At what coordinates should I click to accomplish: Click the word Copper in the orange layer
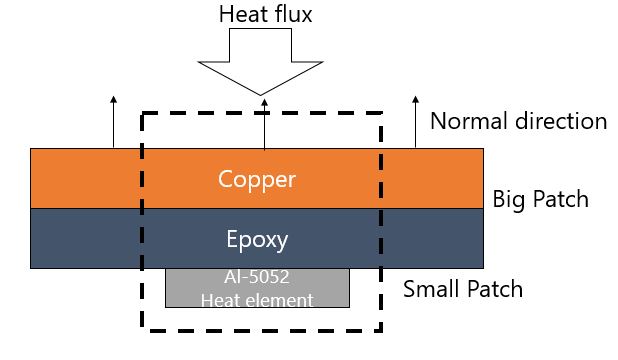[257, 180]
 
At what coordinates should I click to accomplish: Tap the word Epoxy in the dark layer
[257, 240]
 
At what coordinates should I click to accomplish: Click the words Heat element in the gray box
[257, 298]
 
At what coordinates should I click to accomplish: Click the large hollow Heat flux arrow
[260, 60]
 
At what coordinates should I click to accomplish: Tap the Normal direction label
[518, 121]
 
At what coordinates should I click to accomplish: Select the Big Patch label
[540, 199]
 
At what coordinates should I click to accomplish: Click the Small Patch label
[462, 291]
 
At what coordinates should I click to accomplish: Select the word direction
[561, 121]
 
